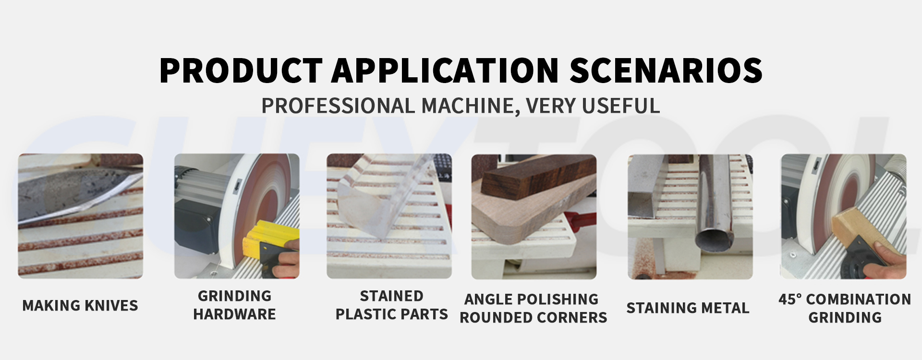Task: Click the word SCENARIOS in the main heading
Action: (666, 70)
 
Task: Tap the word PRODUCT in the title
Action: (241, 70)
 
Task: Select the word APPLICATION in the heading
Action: (445, 70)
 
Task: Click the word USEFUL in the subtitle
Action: (621, 106)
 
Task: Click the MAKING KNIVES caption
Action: (80, 305)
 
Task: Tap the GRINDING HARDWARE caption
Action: (235, 305)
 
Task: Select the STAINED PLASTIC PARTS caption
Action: (391, 305)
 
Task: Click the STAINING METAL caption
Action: (688, 308)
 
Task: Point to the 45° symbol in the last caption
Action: (790, 299)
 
